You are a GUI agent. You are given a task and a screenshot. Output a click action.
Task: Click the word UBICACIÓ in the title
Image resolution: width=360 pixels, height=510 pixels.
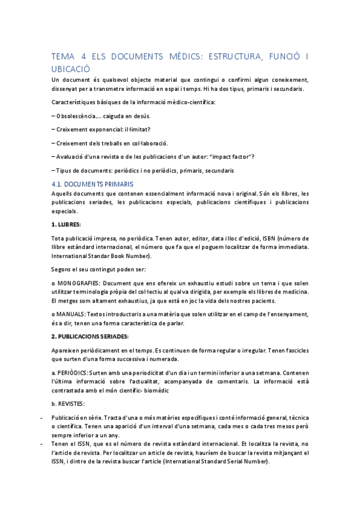pos(71,69)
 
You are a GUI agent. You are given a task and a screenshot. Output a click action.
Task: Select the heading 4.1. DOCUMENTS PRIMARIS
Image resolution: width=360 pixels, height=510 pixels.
pos(93,183)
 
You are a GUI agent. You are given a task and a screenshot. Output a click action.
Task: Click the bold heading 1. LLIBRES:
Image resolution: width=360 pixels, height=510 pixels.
pos(66,224)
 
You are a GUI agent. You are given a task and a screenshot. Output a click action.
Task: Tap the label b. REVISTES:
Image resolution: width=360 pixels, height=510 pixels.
pos(69,402)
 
